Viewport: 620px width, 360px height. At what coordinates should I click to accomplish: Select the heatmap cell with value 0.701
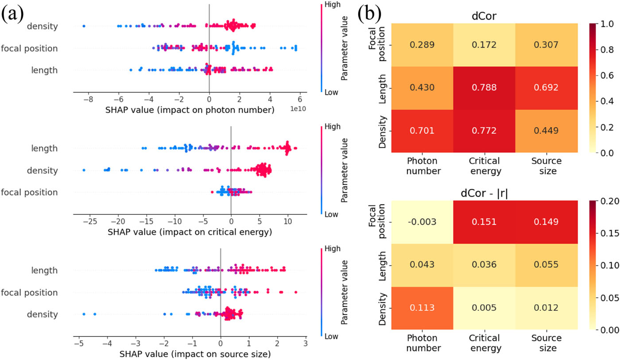(422, 131)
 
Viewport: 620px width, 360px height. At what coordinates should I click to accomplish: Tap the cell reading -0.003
(422, 222)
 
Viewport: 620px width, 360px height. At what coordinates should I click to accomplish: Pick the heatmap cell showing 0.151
(484, 222)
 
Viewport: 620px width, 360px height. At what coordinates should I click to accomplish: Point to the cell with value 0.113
(422, 308)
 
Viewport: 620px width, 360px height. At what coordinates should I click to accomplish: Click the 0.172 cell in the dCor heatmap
(484, 45)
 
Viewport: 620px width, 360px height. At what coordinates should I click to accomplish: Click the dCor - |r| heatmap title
(484, 193)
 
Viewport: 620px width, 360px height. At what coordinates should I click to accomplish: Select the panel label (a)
(12, 14)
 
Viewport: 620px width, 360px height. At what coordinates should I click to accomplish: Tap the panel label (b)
(369, 14)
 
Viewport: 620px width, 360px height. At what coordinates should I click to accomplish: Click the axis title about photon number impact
(190, 110)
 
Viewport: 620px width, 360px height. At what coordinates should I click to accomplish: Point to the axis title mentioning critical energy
(190, 232)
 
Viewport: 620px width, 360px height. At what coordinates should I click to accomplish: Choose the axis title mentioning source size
(195, 354)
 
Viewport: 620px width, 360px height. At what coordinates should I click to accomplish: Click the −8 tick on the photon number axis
(89, 99)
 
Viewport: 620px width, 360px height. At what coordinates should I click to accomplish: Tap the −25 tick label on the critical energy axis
(90, 221)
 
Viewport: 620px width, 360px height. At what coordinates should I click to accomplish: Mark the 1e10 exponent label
(298, 109)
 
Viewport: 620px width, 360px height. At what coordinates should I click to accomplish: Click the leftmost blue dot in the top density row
(84, 26)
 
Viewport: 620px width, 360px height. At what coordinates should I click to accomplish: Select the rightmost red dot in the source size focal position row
(296, 292)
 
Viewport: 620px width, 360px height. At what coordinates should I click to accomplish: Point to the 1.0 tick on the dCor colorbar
(607, 24)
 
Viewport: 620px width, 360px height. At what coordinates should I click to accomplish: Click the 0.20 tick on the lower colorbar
(609, 201)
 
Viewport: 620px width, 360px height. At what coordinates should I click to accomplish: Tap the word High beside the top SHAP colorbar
(333, 5)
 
